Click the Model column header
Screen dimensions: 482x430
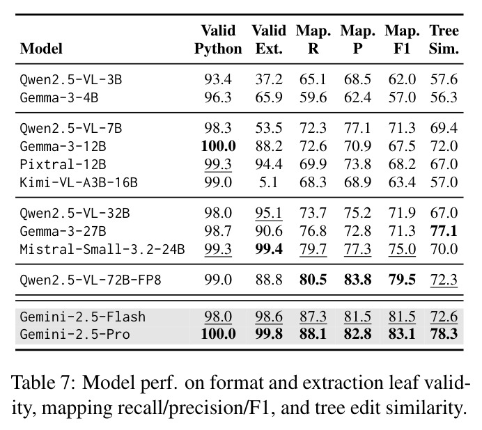[x=41, y=49]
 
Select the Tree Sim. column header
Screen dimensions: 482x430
[x=444, y=40]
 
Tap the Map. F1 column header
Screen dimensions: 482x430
[x=402, y=40]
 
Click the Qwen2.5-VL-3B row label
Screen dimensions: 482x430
[x=71, y=79]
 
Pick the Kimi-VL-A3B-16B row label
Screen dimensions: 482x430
[x=79, y=182]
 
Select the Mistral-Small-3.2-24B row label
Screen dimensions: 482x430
[x=102, y=249]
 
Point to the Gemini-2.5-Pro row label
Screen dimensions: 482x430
[x=75, y=334]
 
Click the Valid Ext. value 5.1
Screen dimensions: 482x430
[x=269, y=182]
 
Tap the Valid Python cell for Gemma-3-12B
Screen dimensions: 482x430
[x=218, y=146]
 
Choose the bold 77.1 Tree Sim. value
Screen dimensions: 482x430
[x=444, y=231]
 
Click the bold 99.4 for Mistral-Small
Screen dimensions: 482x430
[x=269, y=249]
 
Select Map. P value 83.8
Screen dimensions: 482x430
[x=358, y=280]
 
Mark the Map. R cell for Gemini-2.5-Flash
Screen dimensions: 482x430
[x=313, y=317]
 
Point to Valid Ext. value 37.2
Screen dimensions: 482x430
[x=269, y=79]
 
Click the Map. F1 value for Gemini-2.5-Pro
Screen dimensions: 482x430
[x=402, y=334]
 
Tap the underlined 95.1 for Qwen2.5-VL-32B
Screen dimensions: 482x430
[x=269, y=213]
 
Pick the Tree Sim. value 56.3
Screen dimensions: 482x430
[x=444, y=97]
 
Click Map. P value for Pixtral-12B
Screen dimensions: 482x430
[x=358, y=164]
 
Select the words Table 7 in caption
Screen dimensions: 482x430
[x=43, y=383]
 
